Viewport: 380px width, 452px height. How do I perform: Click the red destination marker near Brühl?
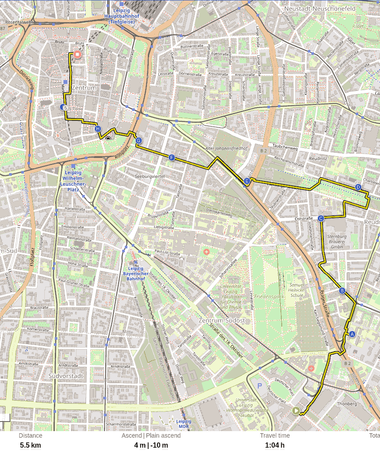coord(77,54)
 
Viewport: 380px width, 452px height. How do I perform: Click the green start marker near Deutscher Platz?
coord(296,410)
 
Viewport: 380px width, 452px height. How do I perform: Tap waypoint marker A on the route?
coord(352,334)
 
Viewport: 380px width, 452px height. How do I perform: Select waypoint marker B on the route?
coord(342,291)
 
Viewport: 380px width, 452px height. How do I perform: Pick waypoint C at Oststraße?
coord(321,218)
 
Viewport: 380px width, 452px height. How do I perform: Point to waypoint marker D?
coord(358,187)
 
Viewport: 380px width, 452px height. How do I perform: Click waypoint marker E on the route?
coord(247,181)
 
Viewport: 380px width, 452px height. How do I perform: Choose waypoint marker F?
coord(172,157)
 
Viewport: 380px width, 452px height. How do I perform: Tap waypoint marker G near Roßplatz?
coord(139,141)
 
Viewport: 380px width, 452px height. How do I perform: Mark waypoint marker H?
coord(98,129)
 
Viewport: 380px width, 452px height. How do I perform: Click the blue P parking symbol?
coord(260,385)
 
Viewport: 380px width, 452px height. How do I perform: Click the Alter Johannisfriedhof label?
coord(226,148)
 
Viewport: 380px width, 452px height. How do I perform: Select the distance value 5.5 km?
coord(30,445)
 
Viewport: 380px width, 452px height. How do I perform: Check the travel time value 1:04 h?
coord(275,445)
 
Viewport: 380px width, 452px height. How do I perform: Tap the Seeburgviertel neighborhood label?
coord(150,176)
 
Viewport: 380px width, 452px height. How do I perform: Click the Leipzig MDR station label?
coord(183,424)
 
